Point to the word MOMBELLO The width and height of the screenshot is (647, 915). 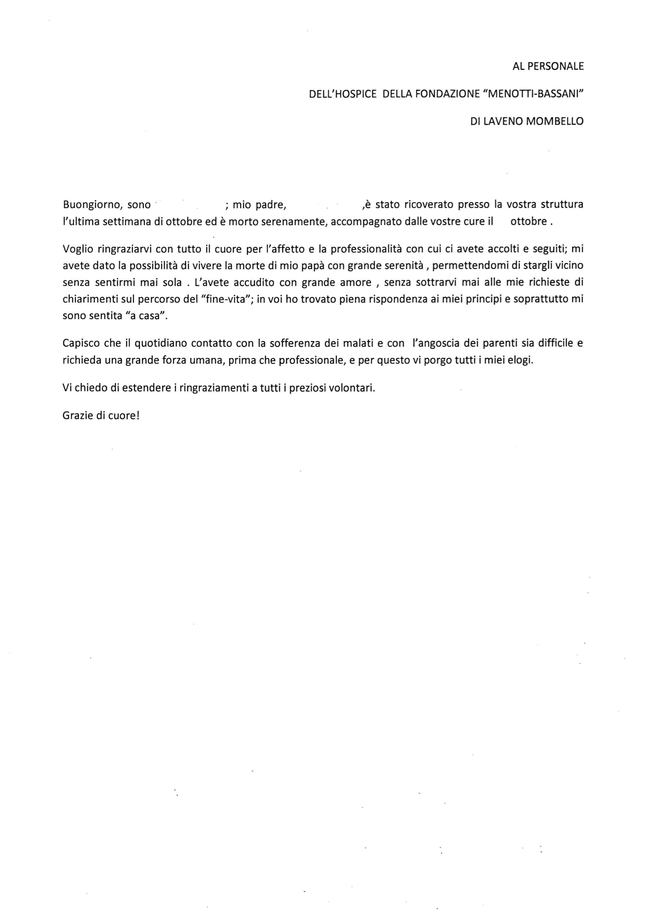(x=555, y=122)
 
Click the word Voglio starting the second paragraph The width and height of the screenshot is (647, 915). (x=78, y=249)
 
